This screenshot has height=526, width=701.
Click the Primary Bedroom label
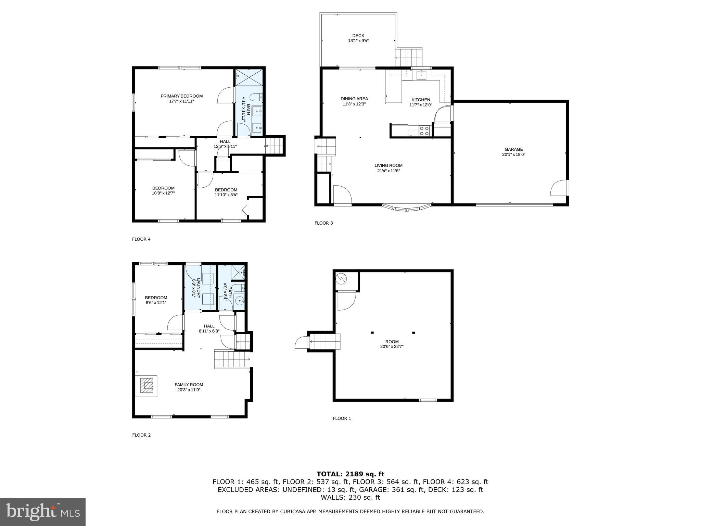point(181,96)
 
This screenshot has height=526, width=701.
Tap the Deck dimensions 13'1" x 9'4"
point(358,41)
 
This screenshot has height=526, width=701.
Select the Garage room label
point(513,149)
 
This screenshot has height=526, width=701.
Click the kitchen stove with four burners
point(424,130)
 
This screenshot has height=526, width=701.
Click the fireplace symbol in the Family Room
point(146,386)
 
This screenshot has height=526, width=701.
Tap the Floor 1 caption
point(342,418)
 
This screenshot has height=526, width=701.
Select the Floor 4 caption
point(141,239)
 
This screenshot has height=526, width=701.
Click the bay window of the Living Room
point(407,208)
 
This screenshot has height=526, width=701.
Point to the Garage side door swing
point(558,188)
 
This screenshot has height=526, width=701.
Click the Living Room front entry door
point(342,195)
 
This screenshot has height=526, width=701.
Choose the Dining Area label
point(354,99)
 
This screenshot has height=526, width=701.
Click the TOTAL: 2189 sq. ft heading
point(350,474)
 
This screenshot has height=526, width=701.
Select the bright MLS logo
point(43,512)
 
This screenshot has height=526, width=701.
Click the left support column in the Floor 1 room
point(372,333)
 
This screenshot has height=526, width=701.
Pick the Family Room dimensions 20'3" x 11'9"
point(189,390)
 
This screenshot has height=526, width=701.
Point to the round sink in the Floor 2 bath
point(240,301)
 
